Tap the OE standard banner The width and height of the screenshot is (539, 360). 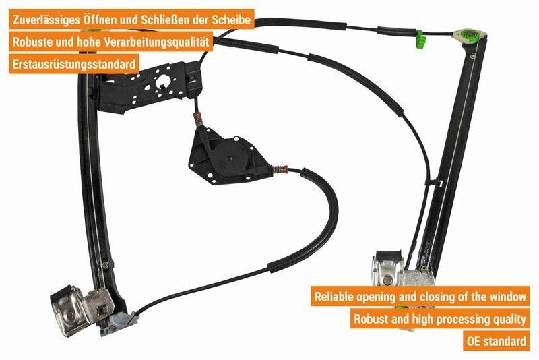[497, 340]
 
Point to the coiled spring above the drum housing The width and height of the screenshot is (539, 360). [199, 120]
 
